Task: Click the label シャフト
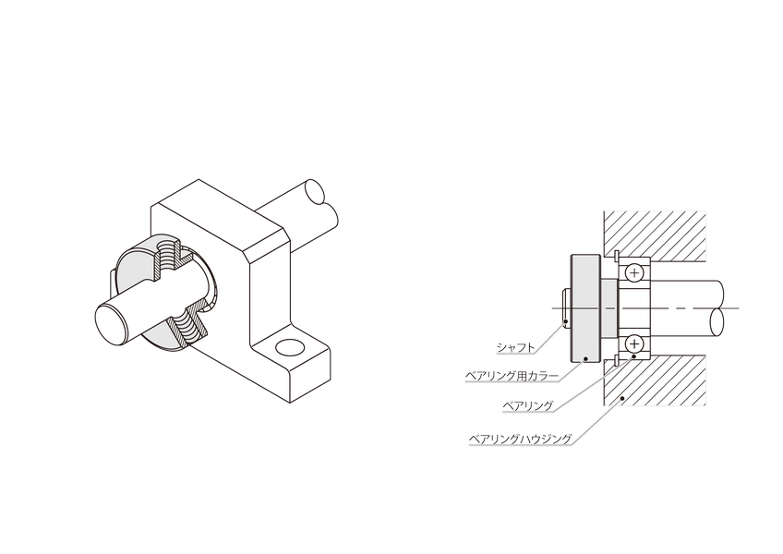[516, 348]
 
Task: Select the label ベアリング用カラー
[512, 376]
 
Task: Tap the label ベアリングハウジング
[520, 440]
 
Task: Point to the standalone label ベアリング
[528, 405]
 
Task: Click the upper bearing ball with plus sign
[634, 273]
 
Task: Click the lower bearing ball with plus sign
[634, 343]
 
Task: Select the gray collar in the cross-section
[585, 308]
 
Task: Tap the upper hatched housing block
[655, 235]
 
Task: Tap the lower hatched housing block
[655, 380]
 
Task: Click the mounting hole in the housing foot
[290, 347]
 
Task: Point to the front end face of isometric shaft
[113, 325]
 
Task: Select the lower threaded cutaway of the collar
[188, 326]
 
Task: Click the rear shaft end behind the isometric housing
[316, 192]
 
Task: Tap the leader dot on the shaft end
[565, 321]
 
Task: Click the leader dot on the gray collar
[586, 357]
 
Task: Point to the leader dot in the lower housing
[621, 398]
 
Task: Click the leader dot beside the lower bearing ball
[633, 355]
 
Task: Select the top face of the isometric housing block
[220, 216]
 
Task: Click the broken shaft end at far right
[717, 322]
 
